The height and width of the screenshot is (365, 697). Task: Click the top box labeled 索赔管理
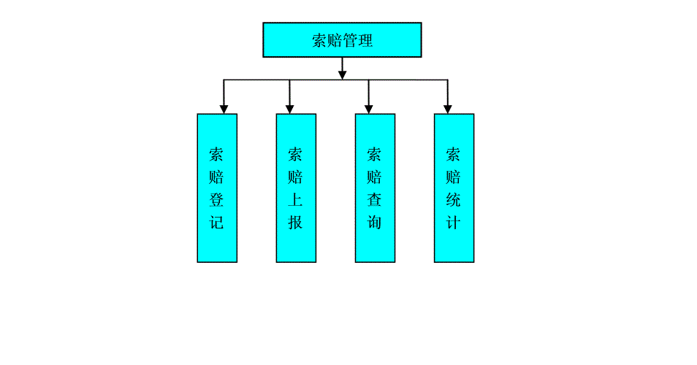[x=342, y=39]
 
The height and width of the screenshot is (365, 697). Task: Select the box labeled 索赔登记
[x=217, y=188]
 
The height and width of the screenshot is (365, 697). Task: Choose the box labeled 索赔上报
[x=296, y=188]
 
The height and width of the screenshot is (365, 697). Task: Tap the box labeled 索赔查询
[x=375, y=188]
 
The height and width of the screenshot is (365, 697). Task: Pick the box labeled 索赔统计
[x=454, y=188]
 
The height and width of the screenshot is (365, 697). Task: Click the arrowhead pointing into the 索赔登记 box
[x=224, y=109]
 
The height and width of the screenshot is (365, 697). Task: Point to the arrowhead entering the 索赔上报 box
[x=290, y=109]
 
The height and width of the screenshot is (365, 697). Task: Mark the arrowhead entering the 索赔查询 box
[x=368, y=109]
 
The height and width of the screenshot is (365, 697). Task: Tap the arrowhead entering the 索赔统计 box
[x=448, y=109]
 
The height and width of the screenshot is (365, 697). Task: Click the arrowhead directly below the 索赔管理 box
[x=342, y=74]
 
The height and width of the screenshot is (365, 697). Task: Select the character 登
[x=217, y=199]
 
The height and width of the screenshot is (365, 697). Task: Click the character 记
[x=217, y=222]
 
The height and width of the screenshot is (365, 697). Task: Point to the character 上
[x=296, y=199]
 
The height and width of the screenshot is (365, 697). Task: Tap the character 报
[x=296, y=222]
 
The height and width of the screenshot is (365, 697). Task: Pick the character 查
[x=375, y=199]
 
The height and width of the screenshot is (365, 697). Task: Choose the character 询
[x=375, y=222]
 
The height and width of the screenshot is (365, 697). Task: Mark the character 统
[x=454, y=199]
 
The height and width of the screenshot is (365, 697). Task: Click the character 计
[x=454, y=222]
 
